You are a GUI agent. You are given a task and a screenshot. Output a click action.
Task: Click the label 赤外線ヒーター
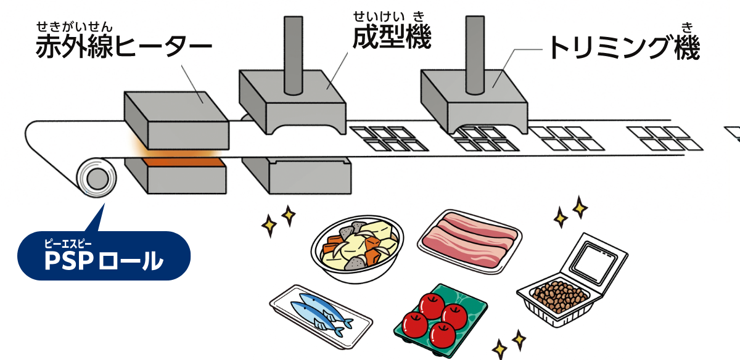(x=124, y=46)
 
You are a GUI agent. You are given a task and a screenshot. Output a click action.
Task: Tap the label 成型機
(x=392, y=36)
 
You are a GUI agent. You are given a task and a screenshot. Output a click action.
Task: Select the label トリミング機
(x=624, y=47)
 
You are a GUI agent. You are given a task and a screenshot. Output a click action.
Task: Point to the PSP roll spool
(x=96, y=178)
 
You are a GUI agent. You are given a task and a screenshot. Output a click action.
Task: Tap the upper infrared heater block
(x=177, y=120)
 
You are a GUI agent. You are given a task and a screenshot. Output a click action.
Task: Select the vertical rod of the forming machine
(x=294, y=55)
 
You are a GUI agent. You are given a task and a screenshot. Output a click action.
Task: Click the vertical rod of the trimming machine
(x=475, y=55)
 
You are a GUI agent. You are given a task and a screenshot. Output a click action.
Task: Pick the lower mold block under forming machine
(x=297, y=175)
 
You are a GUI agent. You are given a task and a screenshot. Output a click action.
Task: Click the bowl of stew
(x=357, y=250)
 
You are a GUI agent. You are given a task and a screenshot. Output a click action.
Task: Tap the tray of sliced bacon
(x=469, y=241)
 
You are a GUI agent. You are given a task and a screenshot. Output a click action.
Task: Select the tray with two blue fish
(x=321, y=317)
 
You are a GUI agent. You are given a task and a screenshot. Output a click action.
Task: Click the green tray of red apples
(x=440, y=321)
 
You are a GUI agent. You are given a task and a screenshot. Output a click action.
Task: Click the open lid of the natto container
(x=594, y=261)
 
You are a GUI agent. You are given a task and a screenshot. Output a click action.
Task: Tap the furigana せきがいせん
(x=75, y=27)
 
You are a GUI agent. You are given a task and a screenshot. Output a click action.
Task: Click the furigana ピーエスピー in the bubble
(x=68, y=243)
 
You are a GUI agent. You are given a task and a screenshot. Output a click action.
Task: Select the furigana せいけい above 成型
(x=379, y=16)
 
